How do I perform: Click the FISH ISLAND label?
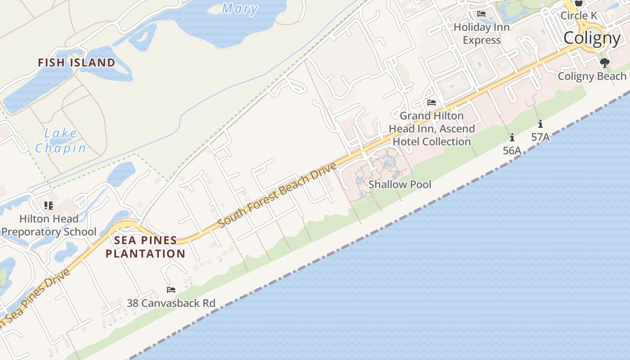[x=76, y=63]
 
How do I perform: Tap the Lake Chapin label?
[x=61, y=140]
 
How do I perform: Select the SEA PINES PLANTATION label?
[x=145, y=247]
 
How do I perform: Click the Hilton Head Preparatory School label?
[x=49, y=225]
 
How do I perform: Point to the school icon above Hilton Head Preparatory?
[x=49, y=206]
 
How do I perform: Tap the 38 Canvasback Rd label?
[x=171, y=303]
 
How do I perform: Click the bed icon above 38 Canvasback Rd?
[x=171, y=289]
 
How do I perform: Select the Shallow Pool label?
[x=400, y=184]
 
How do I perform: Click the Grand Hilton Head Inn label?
[x=432, y=129]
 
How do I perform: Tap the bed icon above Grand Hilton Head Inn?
[x=432, y=103]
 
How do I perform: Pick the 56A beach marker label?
[x=512, y=151]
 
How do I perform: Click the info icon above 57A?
[x=540, y=124]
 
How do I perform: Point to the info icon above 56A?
[x=512, y=137]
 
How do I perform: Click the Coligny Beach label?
[x=592, y=76]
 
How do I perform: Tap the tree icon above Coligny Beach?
[x=605, y=63]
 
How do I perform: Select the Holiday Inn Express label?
[x=481, y=34]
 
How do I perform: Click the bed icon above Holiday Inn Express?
[x=481, y=14]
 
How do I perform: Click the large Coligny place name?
[x=592, y=38]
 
